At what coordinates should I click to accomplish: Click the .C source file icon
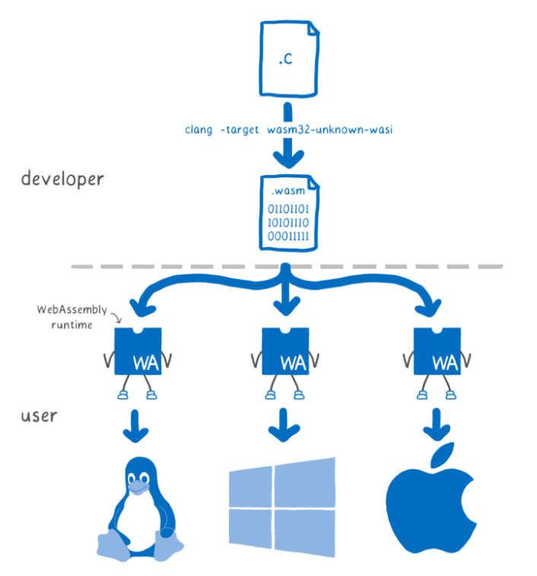[x=289, y=58]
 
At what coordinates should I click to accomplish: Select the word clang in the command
[x=199, y=129]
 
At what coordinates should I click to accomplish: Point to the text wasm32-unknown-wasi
[x=329, y=129]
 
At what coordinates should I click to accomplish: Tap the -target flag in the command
[x=240, y=129]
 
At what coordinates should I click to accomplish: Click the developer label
[x=62, y=180]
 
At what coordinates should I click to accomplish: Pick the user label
[x=40, y=417]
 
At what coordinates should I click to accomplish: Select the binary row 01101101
[x=288, y=208]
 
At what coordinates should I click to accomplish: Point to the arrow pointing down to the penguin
[x=137, y=426]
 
